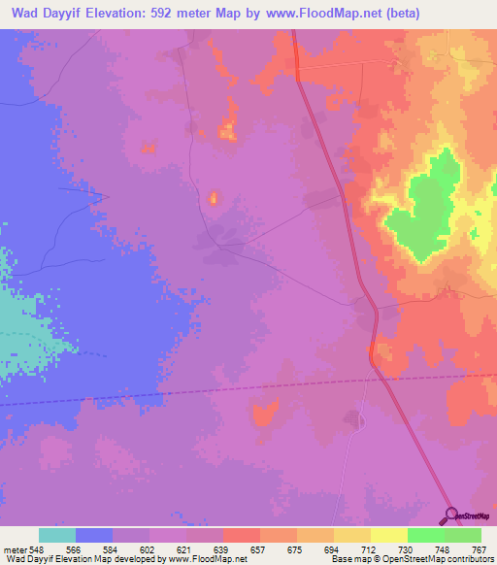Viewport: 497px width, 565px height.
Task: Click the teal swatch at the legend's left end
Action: click(x=57, y=535)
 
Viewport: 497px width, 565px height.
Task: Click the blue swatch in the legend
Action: click(x=94, y=535)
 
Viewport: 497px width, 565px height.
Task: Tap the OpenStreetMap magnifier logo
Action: click(x=451, y=515)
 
